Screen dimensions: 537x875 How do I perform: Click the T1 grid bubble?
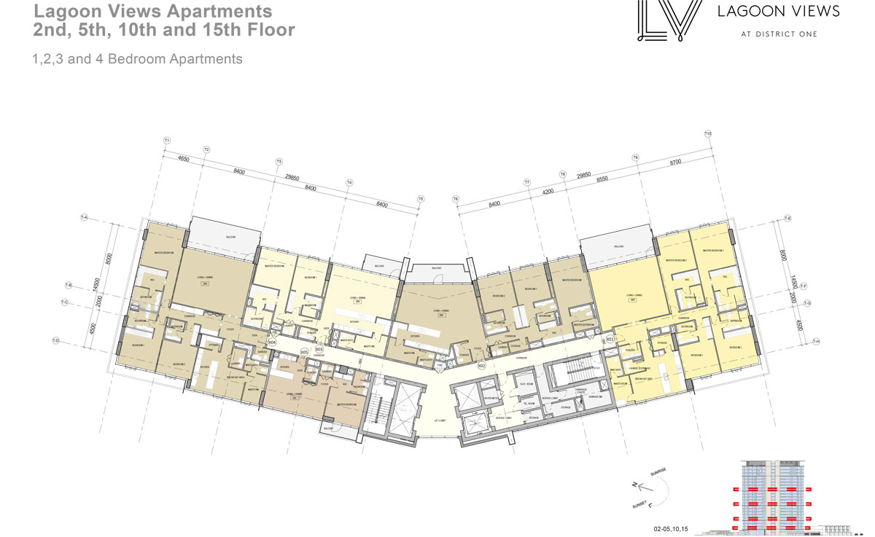(167, 140)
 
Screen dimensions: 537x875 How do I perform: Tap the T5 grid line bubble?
(421, 198)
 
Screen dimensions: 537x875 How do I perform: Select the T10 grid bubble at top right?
(708, 133)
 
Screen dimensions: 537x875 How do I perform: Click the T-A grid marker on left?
(85, 217)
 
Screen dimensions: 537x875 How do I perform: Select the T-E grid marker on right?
(788, 219)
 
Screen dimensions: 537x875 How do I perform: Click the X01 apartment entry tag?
(610, 340)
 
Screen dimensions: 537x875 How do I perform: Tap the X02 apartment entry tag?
(481, 366)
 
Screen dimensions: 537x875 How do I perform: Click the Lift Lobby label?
(439, 420)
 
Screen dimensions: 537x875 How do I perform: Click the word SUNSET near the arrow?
(642, 503)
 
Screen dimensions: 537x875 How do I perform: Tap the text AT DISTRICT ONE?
(779, 34)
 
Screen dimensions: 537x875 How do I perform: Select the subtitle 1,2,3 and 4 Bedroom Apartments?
(137, 60)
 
